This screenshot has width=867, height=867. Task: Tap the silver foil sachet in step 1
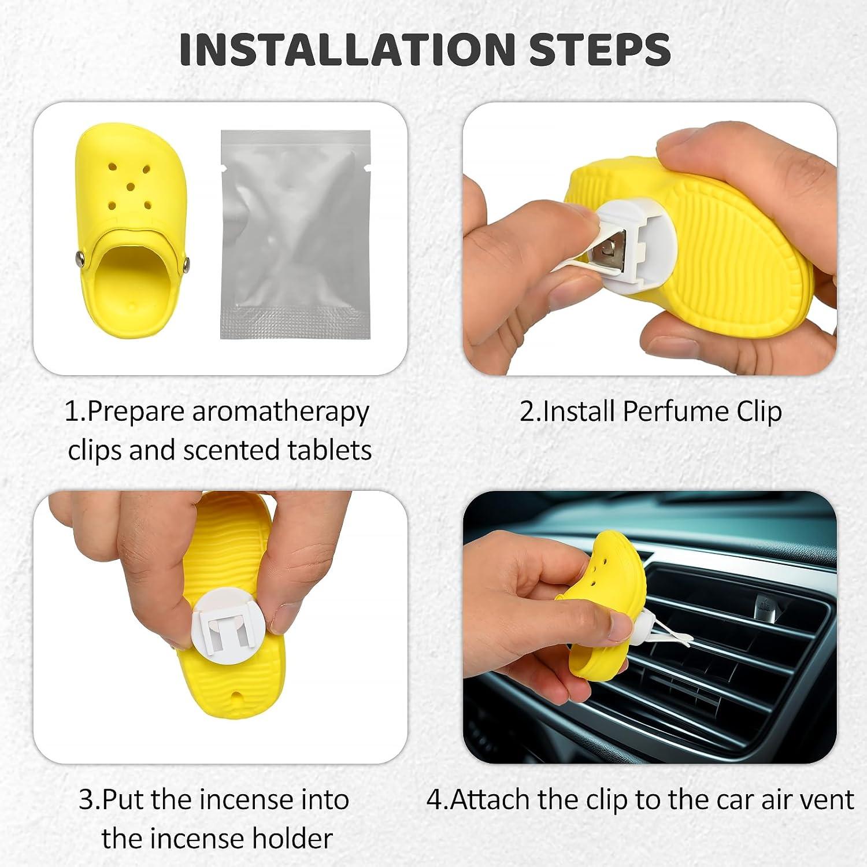(295, 235)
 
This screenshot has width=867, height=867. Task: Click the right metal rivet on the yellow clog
(186, 264)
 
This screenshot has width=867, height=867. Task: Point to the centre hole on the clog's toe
(131, 186)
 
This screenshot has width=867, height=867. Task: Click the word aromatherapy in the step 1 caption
(280, 413)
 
